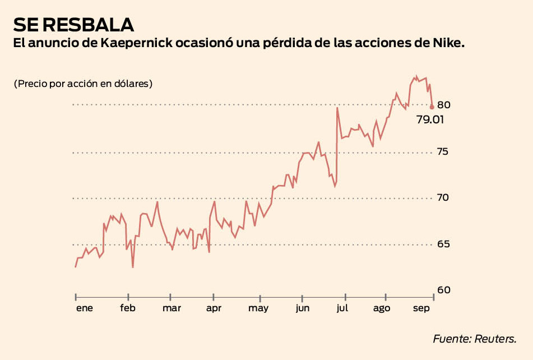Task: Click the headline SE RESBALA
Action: pyautogui.click(x=74, y=25)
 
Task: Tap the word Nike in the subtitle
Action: pyautogui.click(x=449, y=44)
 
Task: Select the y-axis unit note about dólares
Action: pyautogui.click(x=83, y=84)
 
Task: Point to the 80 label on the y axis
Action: pyautogui.click(x=444, y=105)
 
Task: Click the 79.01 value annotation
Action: pyautogui.click(x=430, y=119)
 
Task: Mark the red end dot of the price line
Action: pyautogui.click(x=432, y=107)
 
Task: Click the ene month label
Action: pyautogui.click(x=85, y=308)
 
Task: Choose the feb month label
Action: pyautogui.click(x=128, y=308)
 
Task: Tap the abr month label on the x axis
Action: pyautogui.click(x=214, y=308)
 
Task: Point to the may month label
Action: pyautogui.click(x=258, y=308)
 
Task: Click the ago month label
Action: pyautogui.click(x=382, y=308)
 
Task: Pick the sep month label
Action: pyautogui.click(x=422, y=308)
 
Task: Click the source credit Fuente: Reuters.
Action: pyautogui.click(x=474, y=339)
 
